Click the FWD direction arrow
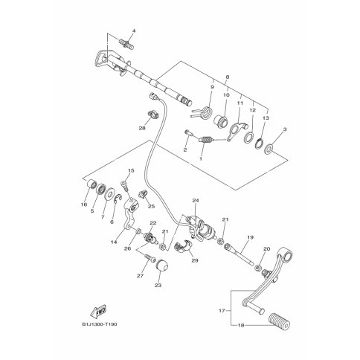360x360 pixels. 98,312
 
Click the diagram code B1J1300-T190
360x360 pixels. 100,324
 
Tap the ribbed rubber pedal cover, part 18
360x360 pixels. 279,321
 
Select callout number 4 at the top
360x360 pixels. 134,31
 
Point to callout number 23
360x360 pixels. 158,285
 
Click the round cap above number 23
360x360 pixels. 161,266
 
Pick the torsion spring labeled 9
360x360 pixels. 204,112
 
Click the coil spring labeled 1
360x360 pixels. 205,140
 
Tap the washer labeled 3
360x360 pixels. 269,149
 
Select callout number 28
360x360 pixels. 142,128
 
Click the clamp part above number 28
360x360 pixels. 152,115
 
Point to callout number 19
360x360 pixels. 251,237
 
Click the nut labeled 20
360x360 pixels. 258,268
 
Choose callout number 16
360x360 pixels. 84,205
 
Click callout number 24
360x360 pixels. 196,200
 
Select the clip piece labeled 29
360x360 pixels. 184,247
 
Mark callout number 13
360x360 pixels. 266,118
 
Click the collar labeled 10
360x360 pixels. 220,121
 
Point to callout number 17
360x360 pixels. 222,310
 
